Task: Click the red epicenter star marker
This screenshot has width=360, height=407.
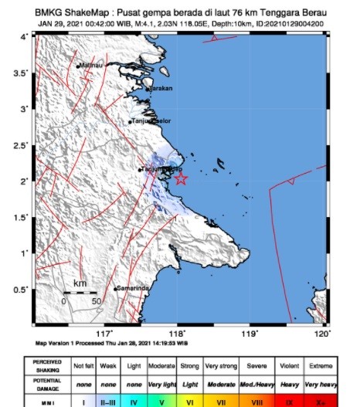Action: tap(181, 179)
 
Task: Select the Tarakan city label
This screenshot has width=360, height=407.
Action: tap(161, 90)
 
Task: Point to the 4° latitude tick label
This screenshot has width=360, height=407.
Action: tap(25, 37)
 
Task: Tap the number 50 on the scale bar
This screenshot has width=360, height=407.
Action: tap(96, 301)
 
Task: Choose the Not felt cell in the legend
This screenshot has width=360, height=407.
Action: tap(83, 365)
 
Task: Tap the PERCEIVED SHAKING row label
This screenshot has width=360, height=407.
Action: tap(49, 365)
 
